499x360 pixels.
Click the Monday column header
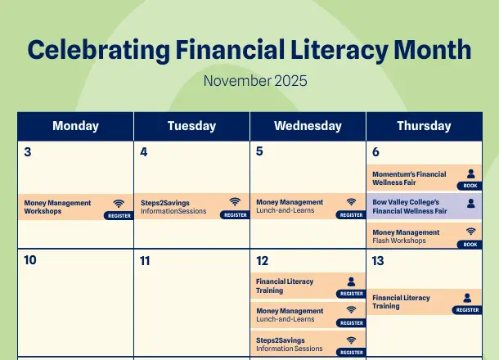pos(76,126)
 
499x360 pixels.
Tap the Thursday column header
pos(424,126)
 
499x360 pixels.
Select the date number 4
pos(143,152)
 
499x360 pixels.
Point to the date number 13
pos(378,261)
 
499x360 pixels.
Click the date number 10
pos(30,260)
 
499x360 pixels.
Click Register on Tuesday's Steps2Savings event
pos(235,215)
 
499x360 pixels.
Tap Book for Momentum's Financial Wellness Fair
pos(470,186)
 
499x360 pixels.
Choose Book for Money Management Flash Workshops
pos(470,245)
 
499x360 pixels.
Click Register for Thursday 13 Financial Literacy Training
pos(467,310)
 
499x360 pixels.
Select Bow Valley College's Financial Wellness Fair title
pos(410,206)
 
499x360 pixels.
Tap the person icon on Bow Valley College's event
pos(471,204)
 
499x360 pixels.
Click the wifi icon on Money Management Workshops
pos(119,204)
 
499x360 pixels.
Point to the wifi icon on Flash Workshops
pos(471,232)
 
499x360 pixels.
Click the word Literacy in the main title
pos(339,50)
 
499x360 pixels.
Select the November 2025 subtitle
pos(255,81)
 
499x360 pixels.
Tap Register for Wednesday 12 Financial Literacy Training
pos(351,294)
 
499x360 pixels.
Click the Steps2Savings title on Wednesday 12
pos(281,340)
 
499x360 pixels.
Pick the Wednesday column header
pos(308,126)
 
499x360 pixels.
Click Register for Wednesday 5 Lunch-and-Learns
pos(351,215)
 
